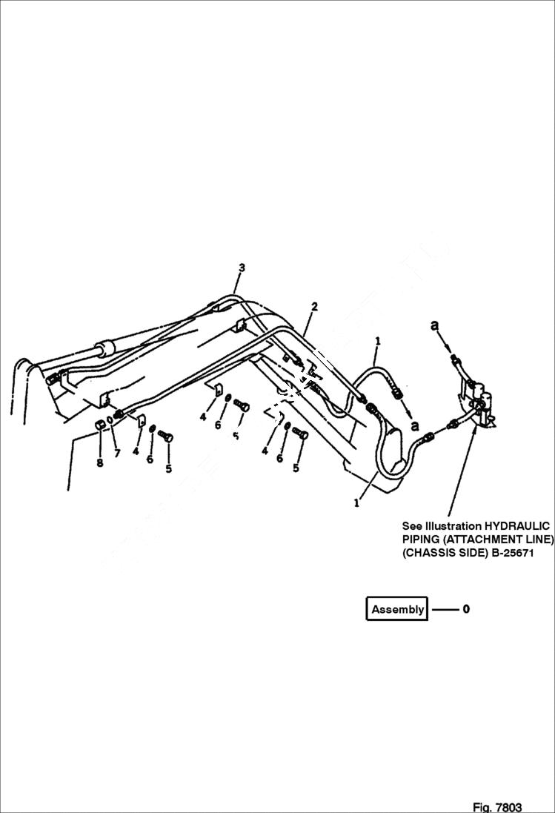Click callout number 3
(242, 268)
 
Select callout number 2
(314, 306)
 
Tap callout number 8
(100, 464)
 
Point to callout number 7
(116, 453)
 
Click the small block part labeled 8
(99, 425)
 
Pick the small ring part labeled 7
(109, 422)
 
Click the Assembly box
(397, 609)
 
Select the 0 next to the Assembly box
(466, 609)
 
